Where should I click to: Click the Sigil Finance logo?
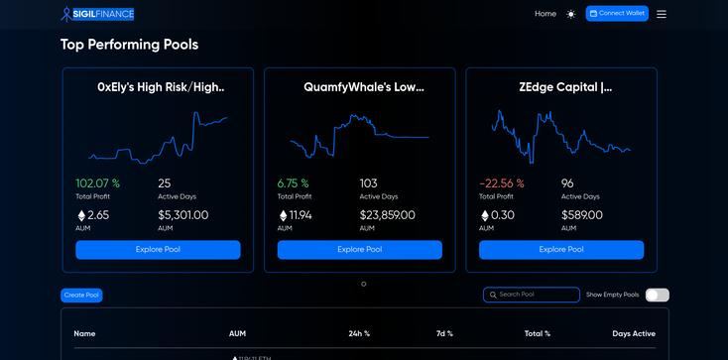97,14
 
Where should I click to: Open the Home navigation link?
546,14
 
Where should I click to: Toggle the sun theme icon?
570,14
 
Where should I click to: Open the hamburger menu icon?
662,14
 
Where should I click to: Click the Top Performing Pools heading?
129,45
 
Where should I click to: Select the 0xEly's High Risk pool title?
161,87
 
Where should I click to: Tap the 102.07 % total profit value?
97,183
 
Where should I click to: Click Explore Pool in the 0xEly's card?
159,250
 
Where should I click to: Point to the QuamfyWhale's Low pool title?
363,87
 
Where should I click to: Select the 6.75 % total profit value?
294,183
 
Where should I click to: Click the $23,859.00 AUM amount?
387,215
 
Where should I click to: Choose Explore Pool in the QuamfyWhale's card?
359,250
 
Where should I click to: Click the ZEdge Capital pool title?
565,87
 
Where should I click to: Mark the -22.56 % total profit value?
501,183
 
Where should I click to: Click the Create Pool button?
81,296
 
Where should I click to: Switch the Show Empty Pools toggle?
657,295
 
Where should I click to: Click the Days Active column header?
634,333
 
